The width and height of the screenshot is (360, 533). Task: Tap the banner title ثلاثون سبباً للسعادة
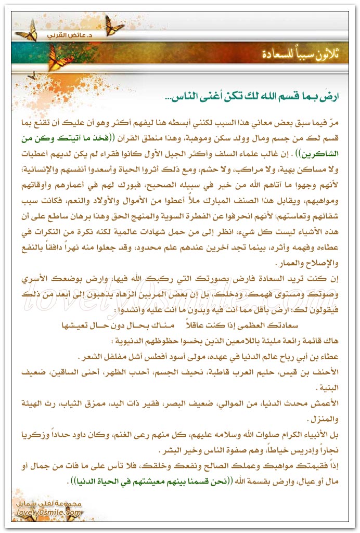click(291, 54)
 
